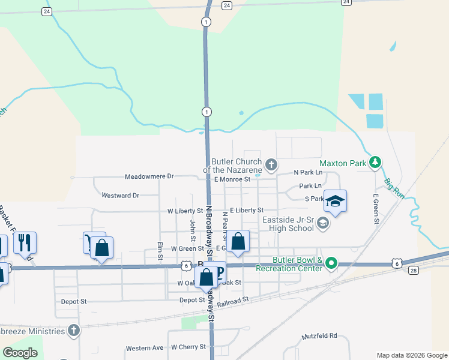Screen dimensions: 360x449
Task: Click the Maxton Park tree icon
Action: [375, 162]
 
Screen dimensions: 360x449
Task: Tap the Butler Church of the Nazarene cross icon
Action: [271, 164]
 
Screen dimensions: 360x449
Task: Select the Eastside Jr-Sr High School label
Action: [288, 223]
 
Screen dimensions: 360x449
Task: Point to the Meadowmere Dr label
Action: [149, 177]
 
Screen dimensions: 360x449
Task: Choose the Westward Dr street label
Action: [120, 196]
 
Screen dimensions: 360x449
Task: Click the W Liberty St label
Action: [185, 211]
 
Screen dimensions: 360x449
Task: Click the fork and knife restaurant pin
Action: [25, 242]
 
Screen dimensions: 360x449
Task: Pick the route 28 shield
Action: [414, 271]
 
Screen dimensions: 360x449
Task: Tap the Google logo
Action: [21, 353]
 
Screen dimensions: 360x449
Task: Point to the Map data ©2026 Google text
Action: [411, 355]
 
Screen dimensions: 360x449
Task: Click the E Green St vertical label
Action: [376, 209]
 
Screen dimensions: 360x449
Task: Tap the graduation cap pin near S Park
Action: [336, 201]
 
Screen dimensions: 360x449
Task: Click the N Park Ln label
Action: [308, 172]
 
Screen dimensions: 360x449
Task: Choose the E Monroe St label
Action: [231, 179]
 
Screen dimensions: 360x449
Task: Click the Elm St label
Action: [160, 251]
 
